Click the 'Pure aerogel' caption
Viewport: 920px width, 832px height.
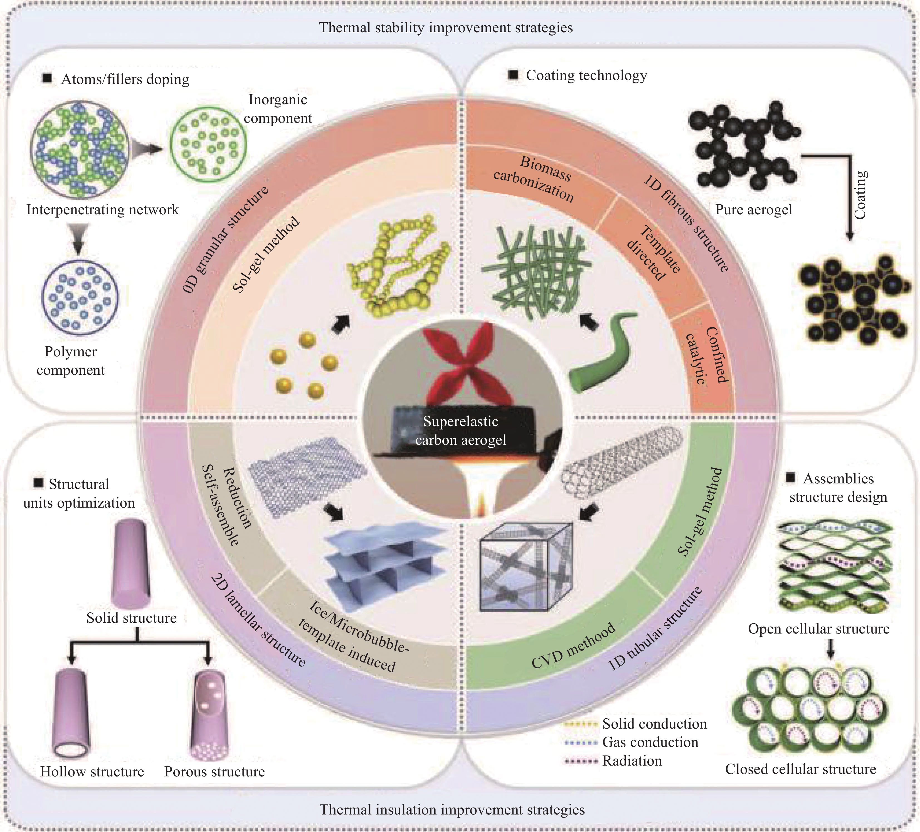753,210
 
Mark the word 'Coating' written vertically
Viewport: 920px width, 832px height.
860,195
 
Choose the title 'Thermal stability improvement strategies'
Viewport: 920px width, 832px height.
446,27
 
